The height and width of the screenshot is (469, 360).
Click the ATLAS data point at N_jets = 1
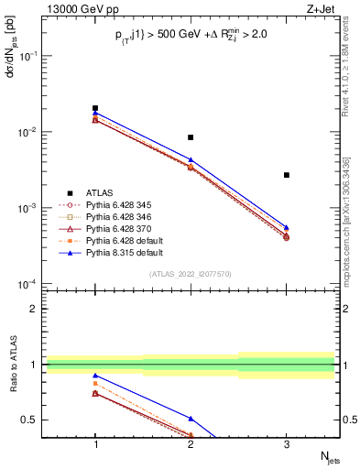coord(95,108)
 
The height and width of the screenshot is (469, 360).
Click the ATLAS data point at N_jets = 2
coord(191,137)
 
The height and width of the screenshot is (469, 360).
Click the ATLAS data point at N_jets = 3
coord(287,175)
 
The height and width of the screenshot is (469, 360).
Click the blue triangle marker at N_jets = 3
coord(287,227)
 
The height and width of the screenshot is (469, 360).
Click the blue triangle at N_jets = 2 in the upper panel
coord(191,159)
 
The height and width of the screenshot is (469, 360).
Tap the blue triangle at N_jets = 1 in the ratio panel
coord(95,376)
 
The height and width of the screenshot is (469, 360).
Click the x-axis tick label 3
coord(287,442)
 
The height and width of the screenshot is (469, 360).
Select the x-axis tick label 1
coord(95,442)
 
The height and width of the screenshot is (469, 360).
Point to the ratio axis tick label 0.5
coord(33,420)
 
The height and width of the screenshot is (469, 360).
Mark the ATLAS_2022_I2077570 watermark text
coord(190,274)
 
